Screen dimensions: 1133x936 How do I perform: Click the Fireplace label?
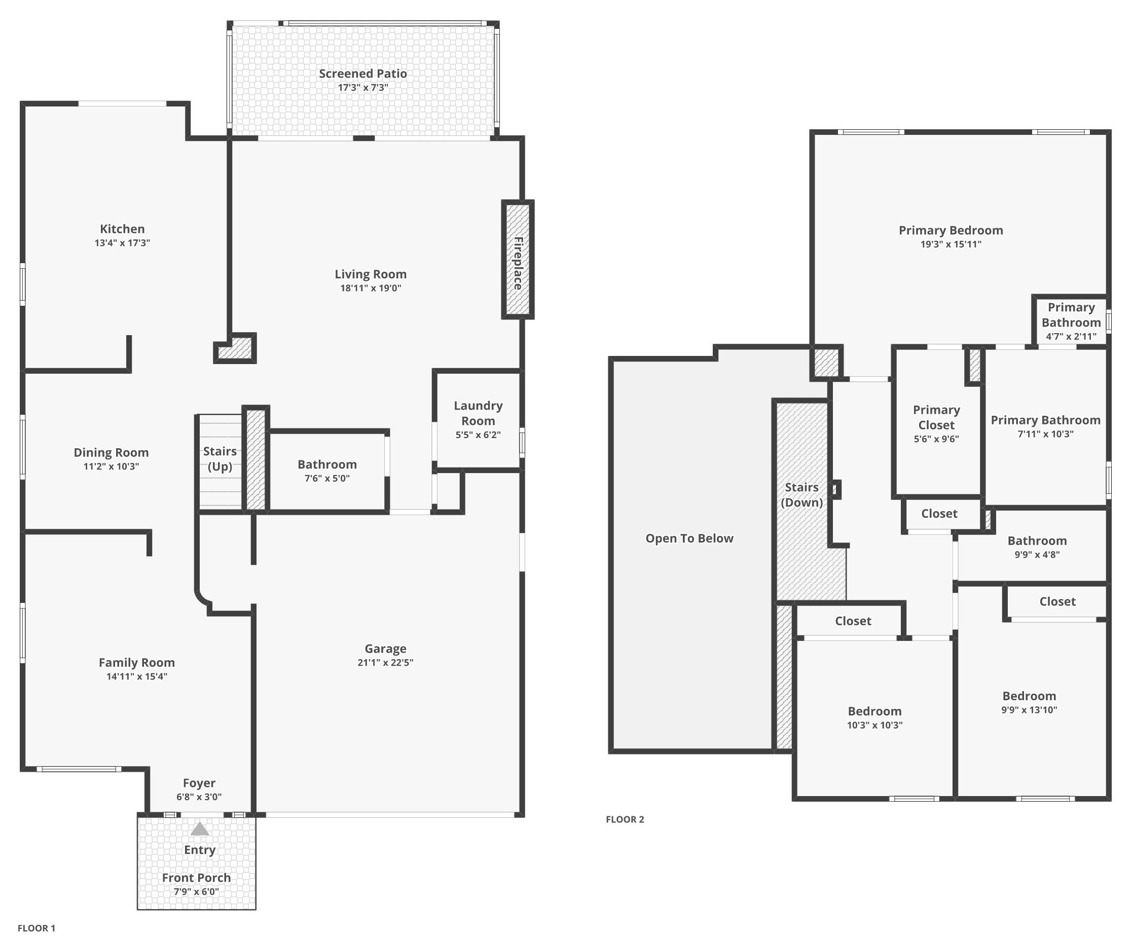click(x=518, y=263)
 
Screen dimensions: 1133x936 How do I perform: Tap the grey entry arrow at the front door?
click(x=199, y=829)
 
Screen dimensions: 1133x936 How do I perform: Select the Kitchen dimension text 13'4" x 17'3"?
click(x=122, y=243)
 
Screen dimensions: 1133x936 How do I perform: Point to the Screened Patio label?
click(x=363, y=74)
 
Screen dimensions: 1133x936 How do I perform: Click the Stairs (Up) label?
click(x=220, y=459)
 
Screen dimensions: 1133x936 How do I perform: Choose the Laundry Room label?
click(x=478, y=413)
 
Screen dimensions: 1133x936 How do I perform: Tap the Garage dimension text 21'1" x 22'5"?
click(x=385, y=663)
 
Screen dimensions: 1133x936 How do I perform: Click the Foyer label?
click(x=199, y=783)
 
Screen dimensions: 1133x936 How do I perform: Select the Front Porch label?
click(x=196, y=878)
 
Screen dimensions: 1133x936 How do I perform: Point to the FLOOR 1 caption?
click(x=36, y=928)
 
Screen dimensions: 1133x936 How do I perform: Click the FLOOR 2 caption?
click(x=625, y=819)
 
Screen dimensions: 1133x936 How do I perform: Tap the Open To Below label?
click(x=689, y=538)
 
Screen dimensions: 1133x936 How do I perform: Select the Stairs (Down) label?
click(x=801, y=495)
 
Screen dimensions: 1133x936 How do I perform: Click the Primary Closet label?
click(x=936, y=417)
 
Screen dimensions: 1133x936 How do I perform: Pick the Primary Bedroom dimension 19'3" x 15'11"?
click(x=951, y=244)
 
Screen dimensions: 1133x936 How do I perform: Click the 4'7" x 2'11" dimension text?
click(x=1071, y=337)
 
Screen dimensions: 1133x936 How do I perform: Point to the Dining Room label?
click(x=111, y=452)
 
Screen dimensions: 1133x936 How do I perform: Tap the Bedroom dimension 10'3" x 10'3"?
click(x=874, y=725)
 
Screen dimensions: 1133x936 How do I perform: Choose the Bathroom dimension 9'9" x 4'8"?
click(x=1037, y=555)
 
